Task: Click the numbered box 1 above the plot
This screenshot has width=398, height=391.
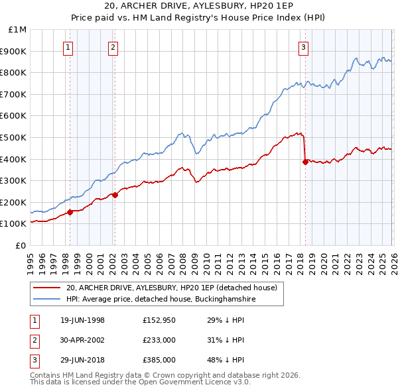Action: (69, 47)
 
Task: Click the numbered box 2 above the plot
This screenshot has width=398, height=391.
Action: (113, 47)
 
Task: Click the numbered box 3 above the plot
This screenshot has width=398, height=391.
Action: (303, 47)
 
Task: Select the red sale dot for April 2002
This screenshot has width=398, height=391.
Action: (115, 195)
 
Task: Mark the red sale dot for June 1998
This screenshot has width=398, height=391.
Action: (70, 212)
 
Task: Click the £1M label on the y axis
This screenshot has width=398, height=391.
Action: (17, 30)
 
